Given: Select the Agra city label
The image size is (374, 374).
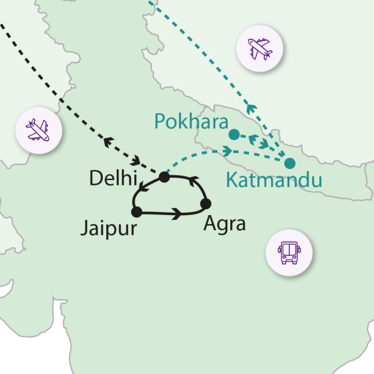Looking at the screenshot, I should [x=225, y=224].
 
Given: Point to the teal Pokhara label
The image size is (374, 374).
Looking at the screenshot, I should [x=191, y=122].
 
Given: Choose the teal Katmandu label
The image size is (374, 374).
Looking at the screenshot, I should [x=273, y=181].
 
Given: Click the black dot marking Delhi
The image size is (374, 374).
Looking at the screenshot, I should [x=164, y=176].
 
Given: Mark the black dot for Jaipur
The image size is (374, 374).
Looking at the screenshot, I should [x=137, y=212].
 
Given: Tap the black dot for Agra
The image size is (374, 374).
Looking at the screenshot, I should [x=206, y=203].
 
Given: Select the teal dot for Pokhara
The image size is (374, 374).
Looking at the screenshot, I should [x=233, y=135].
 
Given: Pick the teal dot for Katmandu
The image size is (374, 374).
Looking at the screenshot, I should [x=289, y=163].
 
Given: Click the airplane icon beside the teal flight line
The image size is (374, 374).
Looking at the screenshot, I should [x=259, y=49].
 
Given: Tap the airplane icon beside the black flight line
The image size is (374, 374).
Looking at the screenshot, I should [x=37, y=129].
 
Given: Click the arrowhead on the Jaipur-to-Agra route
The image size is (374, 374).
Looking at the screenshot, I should [x=176, y=214].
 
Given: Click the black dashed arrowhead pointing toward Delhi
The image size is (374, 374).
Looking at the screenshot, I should [x=138, y=160].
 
